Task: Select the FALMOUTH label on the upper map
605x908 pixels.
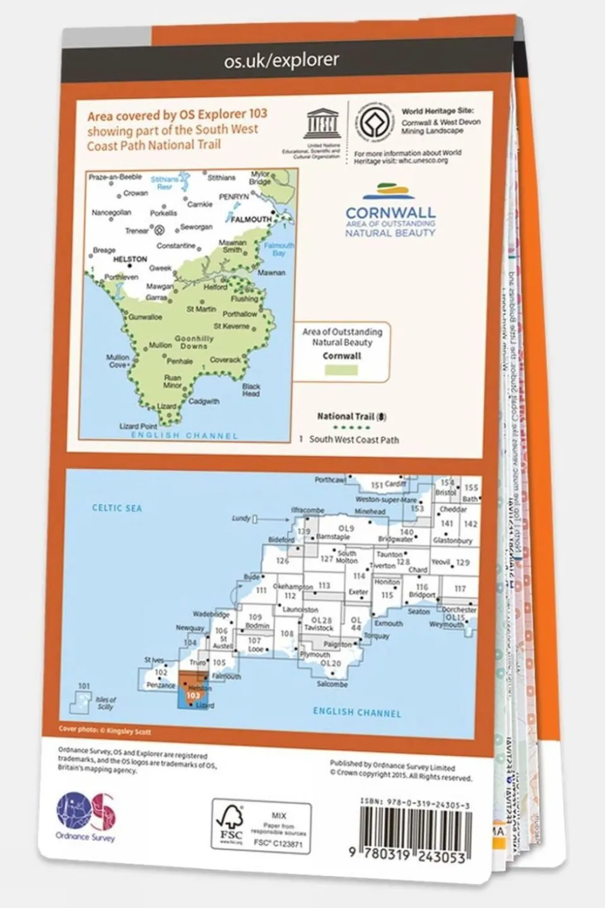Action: [x=251, y=220]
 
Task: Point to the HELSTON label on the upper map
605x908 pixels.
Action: [x=129, y=259]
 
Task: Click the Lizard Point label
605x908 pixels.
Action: [x=138, y=427]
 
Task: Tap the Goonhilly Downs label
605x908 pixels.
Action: [x=194, y=342]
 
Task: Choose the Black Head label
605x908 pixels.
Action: [x=251, y=389]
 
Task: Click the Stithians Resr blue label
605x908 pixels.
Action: [x=165, y=183]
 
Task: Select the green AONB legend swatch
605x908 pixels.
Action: [x=341, y=370]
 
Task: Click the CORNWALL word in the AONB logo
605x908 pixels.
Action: [x=390, y=213]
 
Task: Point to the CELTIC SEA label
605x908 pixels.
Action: [x=117, y=508]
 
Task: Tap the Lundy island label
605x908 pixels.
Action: [x=241, y=518]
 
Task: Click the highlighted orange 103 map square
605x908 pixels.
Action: [x=187, y=685]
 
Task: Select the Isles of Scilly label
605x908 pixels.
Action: [x=105, y=703]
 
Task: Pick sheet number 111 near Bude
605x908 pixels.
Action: [x=261, y=591]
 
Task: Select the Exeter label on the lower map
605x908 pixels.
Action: [x=358, y=593]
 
